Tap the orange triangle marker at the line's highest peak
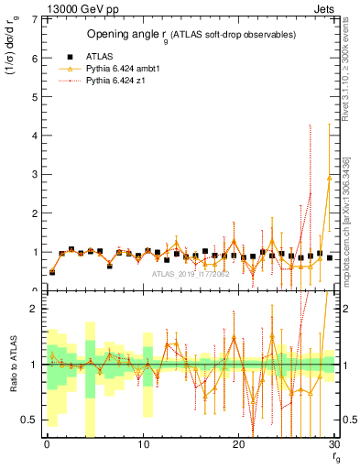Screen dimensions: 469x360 [330, 177]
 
